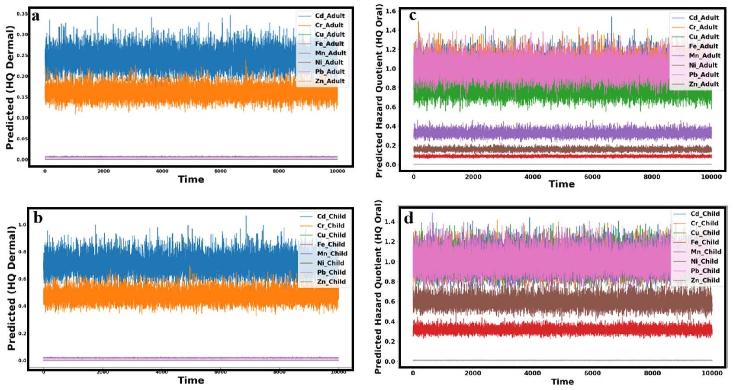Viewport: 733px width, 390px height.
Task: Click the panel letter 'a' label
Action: tap(35, 17)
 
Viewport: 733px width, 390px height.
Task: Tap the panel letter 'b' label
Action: tap(38, 218)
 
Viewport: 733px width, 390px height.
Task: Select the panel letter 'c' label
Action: tap(412, 16)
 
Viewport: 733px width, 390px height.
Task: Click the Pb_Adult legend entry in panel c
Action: tap(704, 74)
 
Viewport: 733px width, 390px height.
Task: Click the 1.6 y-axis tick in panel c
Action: tap(391, 11)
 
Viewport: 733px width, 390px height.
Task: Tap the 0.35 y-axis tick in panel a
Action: tap(22, 14)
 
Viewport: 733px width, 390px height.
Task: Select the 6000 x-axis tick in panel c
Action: tap(592, 177)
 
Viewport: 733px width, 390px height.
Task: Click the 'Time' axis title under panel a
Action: tap(191, 179)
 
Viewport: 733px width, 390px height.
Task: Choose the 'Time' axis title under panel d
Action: tap(562, 381)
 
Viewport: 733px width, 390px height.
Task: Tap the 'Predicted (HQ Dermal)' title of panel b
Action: tap(11, 288)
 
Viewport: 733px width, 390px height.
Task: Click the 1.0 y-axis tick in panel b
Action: tap(22, 225)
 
